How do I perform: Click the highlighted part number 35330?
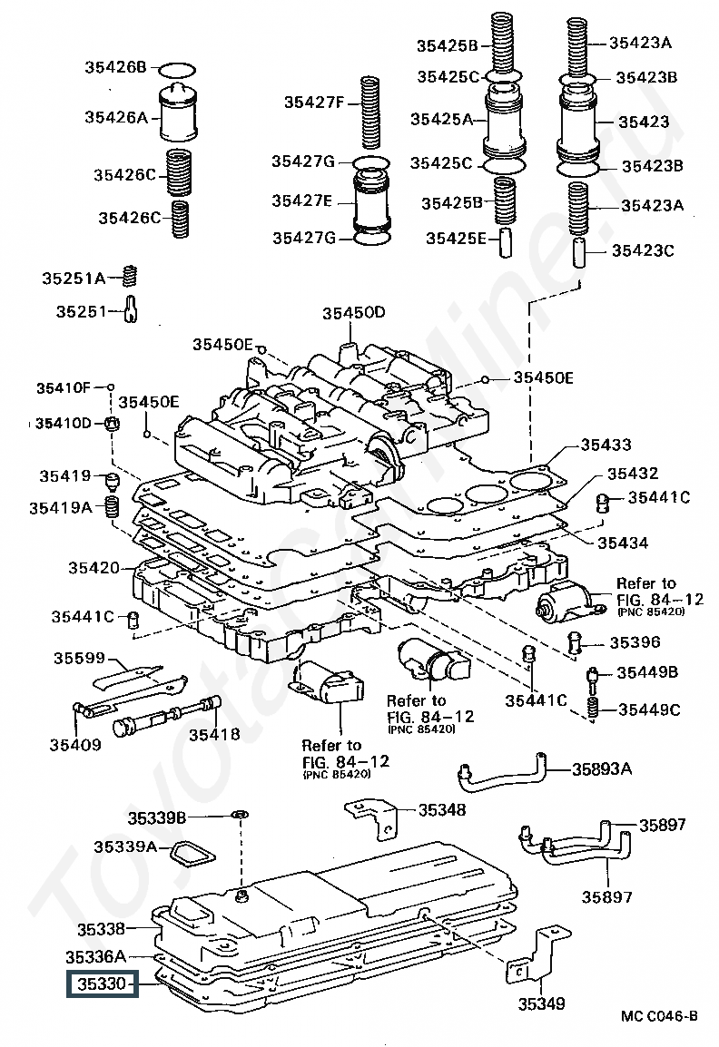(102, 983)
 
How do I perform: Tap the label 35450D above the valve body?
(353, 312)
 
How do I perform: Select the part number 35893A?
(601, 768)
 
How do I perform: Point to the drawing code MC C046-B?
(659, 1015)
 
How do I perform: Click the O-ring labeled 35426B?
(177, 70)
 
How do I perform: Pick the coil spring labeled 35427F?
(370, 113)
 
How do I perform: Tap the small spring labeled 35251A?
(131, 275)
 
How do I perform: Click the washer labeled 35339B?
(241, 815)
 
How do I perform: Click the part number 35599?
(80, 659)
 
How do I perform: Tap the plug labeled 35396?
(573, 641)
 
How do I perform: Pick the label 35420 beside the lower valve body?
(94, 568)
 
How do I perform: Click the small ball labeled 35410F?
(111, 387)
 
